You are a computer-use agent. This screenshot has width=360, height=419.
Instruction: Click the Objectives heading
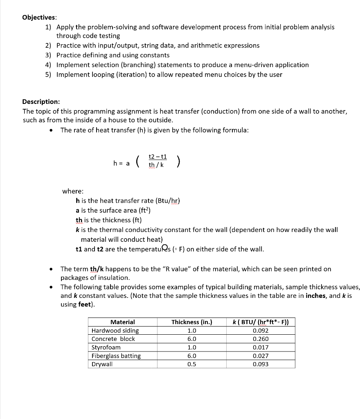click(x=40, y=17)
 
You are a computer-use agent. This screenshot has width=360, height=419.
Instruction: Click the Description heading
click(x=41, y=101)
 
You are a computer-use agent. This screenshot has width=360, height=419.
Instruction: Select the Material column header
click(x=123, y=322)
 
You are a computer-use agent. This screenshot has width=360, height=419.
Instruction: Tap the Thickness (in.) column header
click(x=191, y=322)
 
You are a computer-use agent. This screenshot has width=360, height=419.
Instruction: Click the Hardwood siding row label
click(x=115, y=331)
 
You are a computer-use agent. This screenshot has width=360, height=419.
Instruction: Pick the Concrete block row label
click(x=113, y=339)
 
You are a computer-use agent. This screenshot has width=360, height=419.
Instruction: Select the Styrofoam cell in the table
click(x=106, y=347)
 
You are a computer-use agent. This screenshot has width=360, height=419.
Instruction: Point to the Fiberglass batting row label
click(x=116, y=356)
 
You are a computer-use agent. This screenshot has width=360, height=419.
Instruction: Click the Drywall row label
click(x=102, y=364)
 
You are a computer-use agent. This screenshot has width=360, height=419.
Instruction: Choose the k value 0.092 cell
click(x=261, y=331)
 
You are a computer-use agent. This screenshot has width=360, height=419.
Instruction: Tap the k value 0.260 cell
click(x=261, y=339)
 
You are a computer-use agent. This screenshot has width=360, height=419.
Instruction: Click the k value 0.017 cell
click(x=261, y=347)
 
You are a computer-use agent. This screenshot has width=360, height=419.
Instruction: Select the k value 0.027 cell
click(x=261, y=356)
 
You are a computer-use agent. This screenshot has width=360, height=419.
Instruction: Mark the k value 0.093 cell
click(x=261, y=364)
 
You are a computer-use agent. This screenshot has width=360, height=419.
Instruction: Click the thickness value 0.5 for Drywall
click(x=191, y=364)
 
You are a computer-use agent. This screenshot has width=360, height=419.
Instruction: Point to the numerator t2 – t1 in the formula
click(x=157, y=157)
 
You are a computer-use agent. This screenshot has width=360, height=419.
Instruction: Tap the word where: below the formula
click(x=73, y=191)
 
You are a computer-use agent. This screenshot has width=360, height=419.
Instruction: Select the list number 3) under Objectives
click(x=48, y=55)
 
